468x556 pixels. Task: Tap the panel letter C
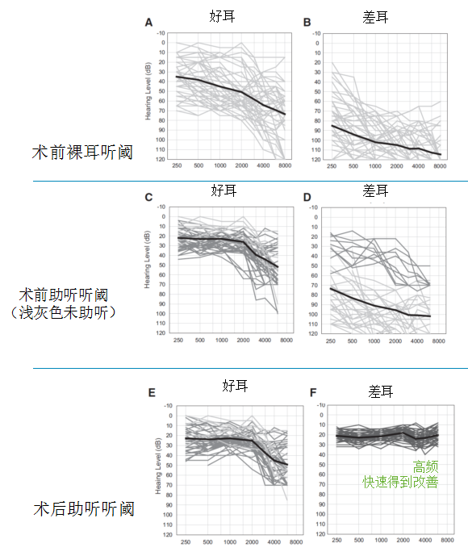click(x=148, y=198)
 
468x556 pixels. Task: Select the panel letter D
click(x=307, y=198)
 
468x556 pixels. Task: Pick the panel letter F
click(x=313, y=394)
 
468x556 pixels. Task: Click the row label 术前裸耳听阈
click(x=81, y=151)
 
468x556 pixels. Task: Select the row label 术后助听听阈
click(x=84, y=509)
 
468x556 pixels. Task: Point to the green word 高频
click(x=426, y=466)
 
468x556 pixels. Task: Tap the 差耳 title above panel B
click(x=376, y=15)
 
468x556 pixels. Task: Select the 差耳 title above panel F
click(x=381, y=391)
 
